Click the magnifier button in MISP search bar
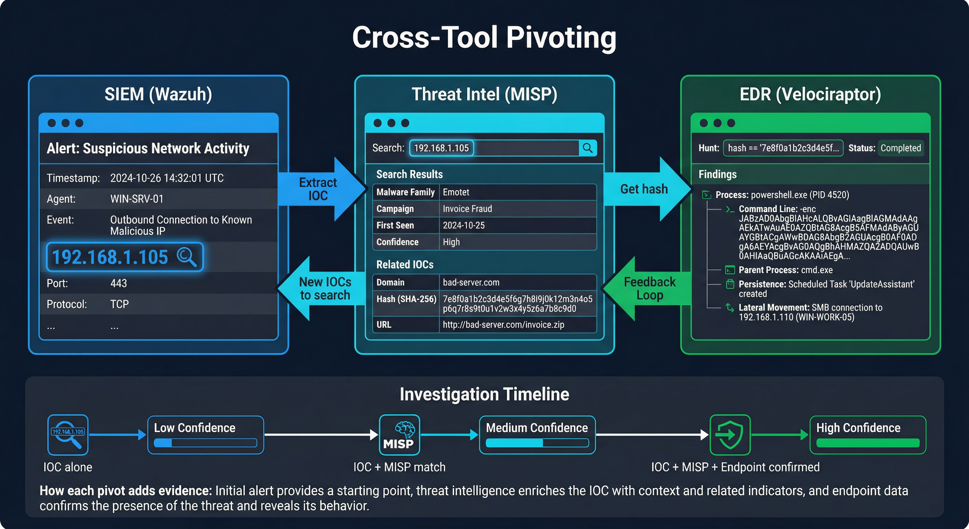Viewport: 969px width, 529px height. coord(588,148)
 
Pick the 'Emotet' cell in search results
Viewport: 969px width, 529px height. coord(456,193)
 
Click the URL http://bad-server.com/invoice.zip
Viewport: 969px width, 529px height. coord(503,324)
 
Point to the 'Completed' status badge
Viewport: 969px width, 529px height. coord(901,148)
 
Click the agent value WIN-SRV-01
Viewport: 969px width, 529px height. coord(137,199)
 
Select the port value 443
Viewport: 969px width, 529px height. coord(118,283)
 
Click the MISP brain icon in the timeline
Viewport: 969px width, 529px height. coord(399,435)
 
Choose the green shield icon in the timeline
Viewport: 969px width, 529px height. coord(730,435)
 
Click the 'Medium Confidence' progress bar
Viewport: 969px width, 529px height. coord(537,443)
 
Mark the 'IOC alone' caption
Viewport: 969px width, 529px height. coord(68,467)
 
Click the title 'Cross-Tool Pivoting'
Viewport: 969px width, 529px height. coord(484,38)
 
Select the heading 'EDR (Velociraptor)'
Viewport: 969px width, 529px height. coord(810,94)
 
